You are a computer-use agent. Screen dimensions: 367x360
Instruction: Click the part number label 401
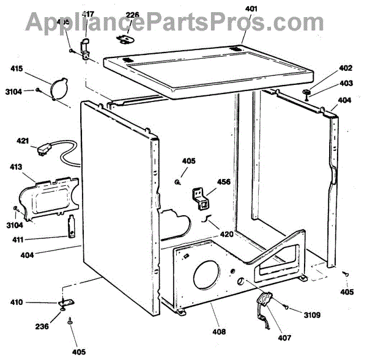pyautogui.click(x=251, y=9)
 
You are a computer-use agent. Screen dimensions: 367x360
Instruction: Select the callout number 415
pyautogui.click(x=17, y=70)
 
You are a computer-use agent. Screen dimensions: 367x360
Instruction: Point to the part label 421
pyautogui.click(x=23, y=141)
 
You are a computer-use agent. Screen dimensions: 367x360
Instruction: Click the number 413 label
pyautogui.click(x=17, y=166)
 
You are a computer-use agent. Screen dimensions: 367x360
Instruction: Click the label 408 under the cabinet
pyautogui.click(x=218, y=332)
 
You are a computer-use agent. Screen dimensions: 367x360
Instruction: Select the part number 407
pyautogui.click(x=284, y=337)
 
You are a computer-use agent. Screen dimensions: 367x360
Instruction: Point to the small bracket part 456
pyautogui.click(x=202, y=198)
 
